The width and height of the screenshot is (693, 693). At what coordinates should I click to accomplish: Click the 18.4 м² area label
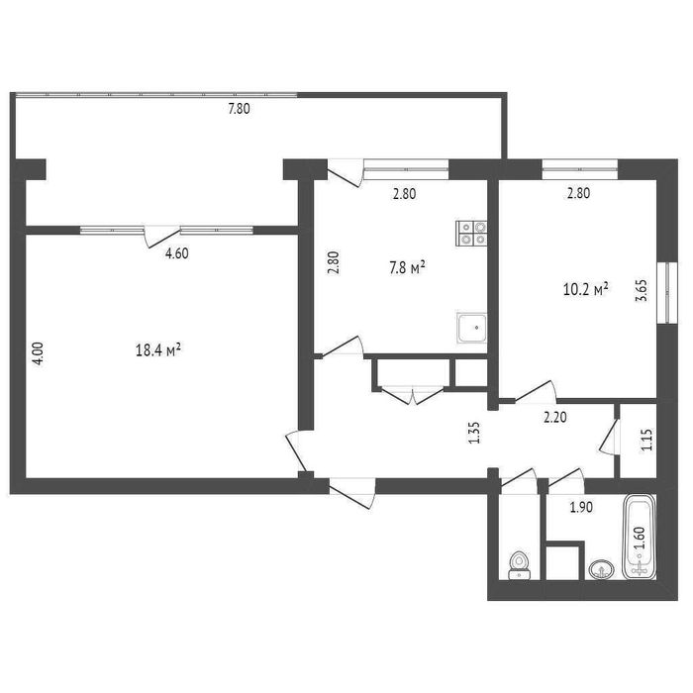(158, 350)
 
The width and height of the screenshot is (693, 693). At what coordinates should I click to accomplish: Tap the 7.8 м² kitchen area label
(407, 268)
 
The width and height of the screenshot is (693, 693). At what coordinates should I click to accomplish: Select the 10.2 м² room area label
(586, 289)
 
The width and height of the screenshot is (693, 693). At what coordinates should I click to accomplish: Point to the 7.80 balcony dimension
(239, 109)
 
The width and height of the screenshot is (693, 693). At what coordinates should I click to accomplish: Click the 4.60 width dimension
(177, 253)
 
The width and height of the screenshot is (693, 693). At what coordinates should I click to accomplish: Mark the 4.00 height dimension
(39, 353)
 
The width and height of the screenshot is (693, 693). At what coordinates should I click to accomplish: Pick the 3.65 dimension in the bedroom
(642, 291)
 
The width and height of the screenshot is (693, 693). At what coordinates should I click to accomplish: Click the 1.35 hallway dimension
(474, 434)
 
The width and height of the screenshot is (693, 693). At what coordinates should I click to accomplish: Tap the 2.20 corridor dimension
(555, 417)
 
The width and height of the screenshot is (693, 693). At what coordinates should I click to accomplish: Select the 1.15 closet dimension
(647, 440)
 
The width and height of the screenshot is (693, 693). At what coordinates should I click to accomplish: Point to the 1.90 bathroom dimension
(581, 507)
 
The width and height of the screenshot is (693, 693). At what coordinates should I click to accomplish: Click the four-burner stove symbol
(471, 233)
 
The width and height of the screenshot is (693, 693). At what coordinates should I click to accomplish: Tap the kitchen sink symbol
(472, 328)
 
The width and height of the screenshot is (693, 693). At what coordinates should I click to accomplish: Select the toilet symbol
(520, 565)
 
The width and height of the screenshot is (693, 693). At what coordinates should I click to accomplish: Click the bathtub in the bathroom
(640, 537)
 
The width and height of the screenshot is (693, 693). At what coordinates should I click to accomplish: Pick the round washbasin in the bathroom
(601, 569)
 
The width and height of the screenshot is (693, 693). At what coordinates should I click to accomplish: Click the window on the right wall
(667, 293)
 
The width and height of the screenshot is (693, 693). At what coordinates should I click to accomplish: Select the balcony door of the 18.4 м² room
(161, 237)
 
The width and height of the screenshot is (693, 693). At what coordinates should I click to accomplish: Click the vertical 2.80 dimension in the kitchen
(334, 263)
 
